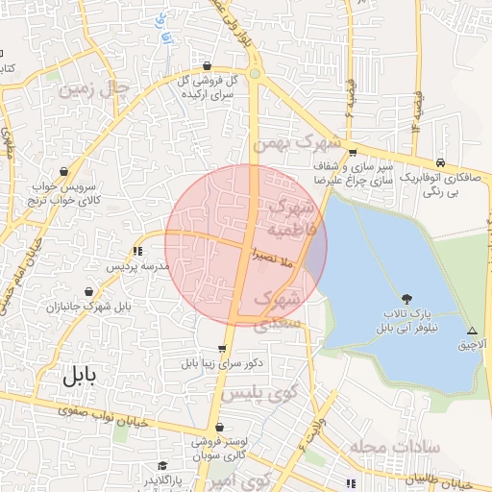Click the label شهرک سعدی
[278, 309]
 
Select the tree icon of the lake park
[408, 299]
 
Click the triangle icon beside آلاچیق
[471, 329]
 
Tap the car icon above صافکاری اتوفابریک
[439, 161]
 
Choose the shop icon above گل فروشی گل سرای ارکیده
[208, 66]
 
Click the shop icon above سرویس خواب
[63, 171]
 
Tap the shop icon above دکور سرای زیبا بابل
[223, 350]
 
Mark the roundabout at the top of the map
[256, 73]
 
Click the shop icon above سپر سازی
[353, 152]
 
